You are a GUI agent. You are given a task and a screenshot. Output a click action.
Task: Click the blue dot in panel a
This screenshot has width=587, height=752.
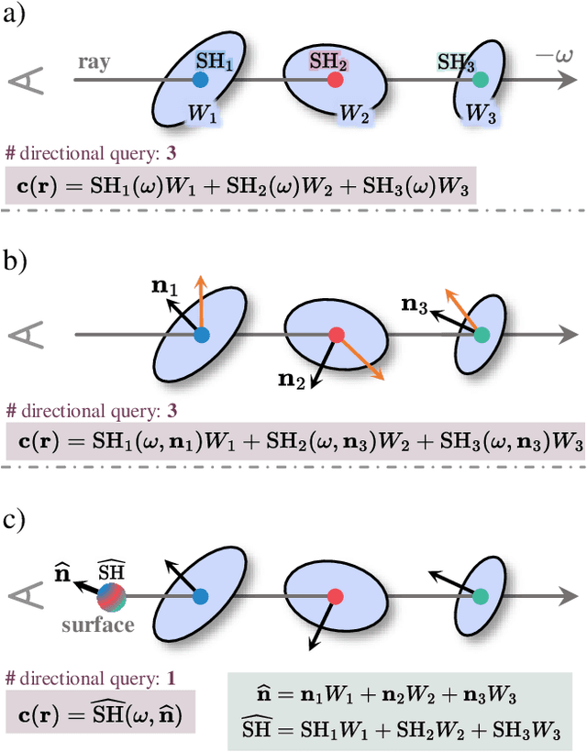pos(200,81)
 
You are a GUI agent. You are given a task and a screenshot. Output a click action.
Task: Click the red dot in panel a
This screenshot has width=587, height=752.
pos(336,81)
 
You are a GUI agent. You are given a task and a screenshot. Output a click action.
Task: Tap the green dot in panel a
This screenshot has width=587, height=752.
pos(481,81)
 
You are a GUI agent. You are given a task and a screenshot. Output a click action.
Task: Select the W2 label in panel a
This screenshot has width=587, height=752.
pos(354,114)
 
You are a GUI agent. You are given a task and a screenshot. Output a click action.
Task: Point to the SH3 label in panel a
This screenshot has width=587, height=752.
pos(455,62)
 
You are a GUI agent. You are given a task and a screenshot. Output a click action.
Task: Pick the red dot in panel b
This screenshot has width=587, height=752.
pos(336,335)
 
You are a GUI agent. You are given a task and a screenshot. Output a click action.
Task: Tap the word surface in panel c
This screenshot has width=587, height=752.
pos(97,625)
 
